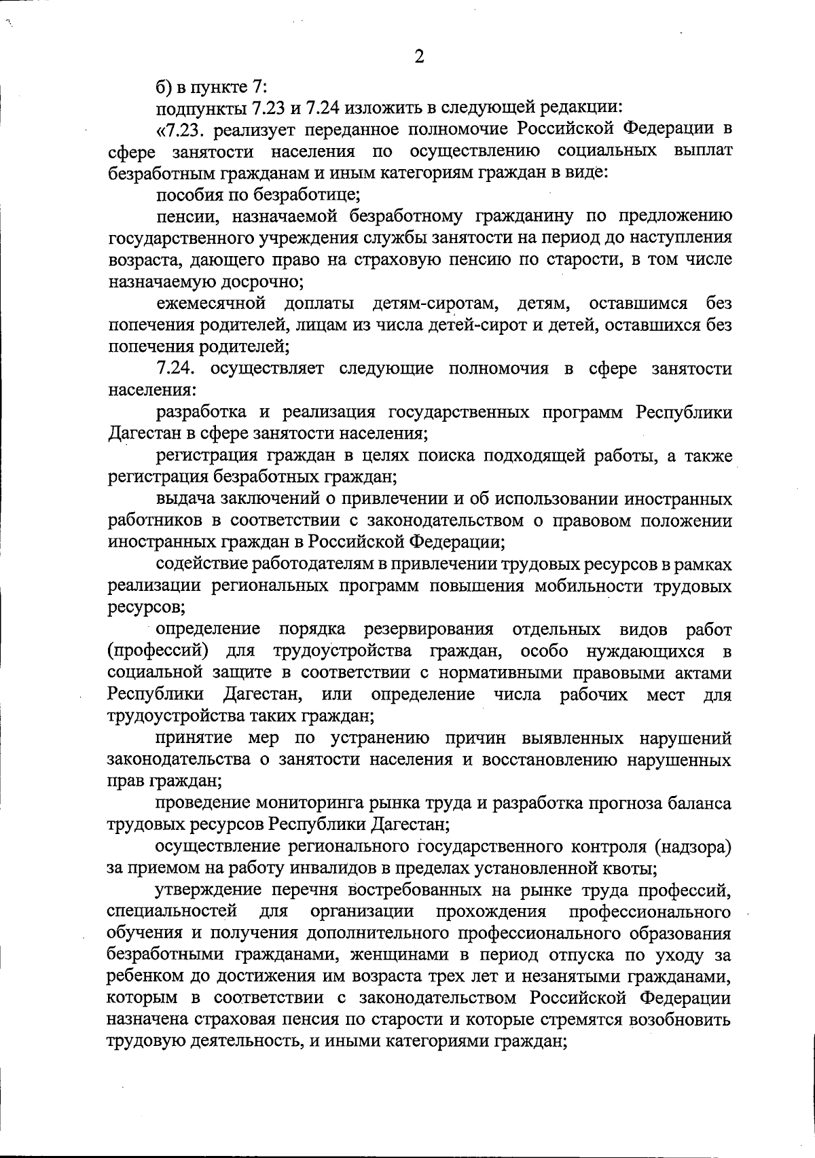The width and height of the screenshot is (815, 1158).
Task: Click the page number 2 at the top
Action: [x=419, y=58]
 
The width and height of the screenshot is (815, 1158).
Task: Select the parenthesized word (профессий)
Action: [x=157, y=651]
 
